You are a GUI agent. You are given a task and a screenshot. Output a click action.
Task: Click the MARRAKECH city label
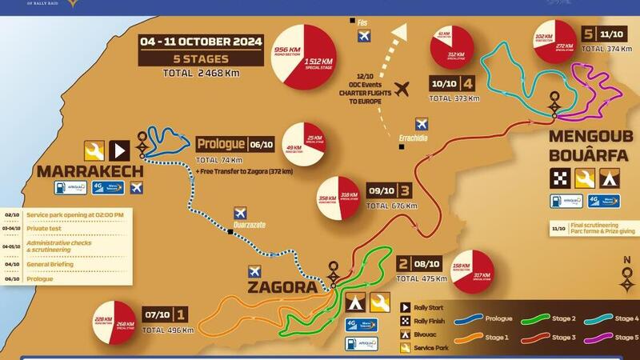pos(90,171)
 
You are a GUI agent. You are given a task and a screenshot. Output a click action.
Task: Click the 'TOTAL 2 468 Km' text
pos(201,74)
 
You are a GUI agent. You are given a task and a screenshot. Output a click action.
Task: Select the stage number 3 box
pos(406,191)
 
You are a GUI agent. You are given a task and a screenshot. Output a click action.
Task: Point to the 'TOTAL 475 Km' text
pos(423,278)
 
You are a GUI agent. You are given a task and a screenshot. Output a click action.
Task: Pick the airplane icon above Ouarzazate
pos(240,213)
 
